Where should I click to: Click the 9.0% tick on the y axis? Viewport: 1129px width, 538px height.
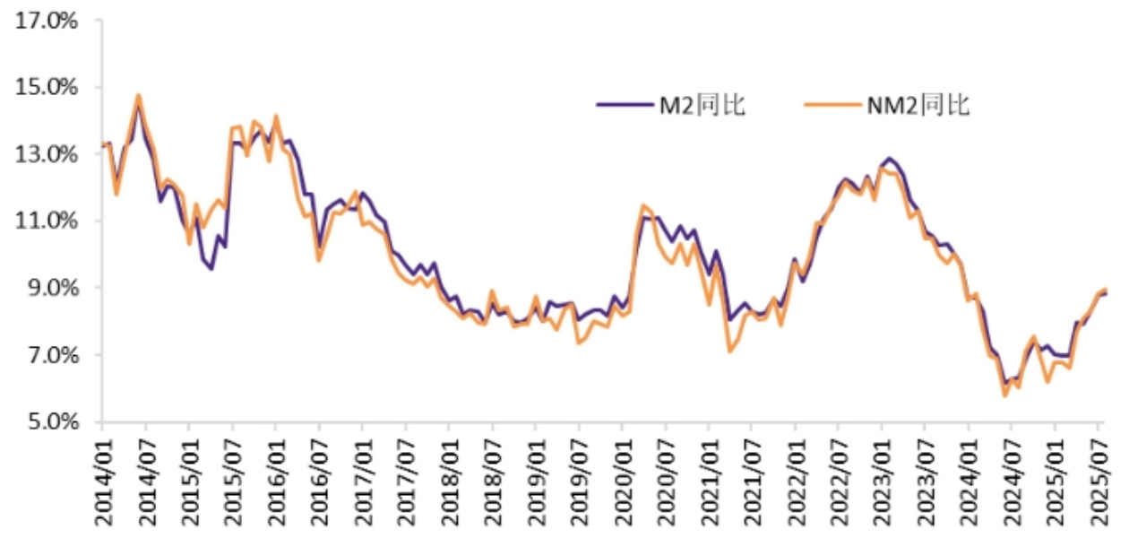(x=48, y=288)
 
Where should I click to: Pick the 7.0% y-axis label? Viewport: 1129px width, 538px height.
(x=48, y=355)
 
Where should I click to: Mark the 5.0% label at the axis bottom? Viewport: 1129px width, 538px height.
(x=48, y=421)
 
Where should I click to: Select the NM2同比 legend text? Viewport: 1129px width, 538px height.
(x=918, y=105)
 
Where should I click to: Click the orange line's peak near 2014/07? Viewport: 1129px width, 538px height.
(x=139, y=95)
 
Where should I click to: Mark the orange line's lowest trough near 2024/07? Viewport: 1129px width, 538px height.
(x=1005, y=395)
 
